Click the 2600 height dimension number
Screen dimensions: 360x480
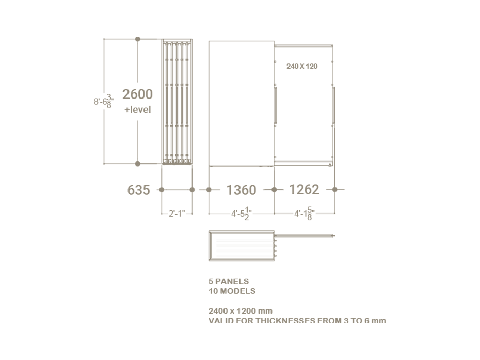[x=137, y=94]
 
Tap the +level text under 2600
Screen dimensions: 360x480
[x=138, y=110]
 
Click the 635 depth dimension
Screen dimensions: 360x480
[x=138, y=190]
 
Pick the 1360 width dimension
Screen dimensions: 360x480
[x=241, y=190]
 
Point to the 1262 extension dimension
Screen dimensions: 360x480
[x=304, y=189]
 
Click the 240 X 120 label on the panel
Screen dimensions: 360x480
[x=302, y=67]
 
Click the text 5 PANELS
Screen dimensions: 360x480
[x=228, y=282]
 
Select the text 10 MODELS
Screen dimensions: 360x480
[x=231, y=291]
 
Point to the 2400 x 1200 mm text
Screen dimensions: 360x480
[x=241, y=311]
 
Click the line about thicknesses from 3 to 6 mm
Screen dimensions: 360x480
[x=297, y=321]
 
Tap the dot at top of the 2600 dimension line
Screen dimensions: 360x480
[x=138, y=39]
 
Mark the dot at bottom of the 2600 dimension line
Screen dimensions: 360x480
[x=138, y=164]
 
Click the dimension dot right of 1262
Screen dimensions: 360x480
[x=334, y=190]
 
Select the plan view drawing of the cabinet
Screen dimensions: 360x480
[x=241, y=246]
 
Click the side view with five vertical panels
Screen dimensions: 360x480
[x=177, y=102]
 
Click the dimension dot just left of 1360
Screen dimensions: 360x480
[x=209, y=190]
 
